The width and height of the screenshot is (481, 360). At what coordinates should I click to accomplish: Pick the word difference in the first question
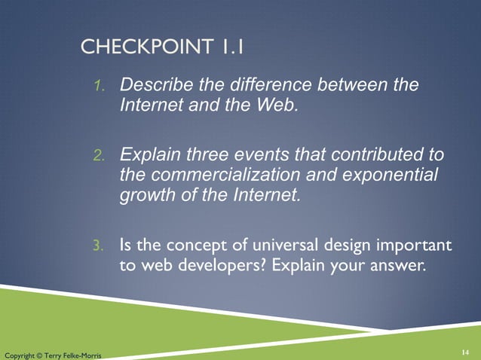coord(250,85)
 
